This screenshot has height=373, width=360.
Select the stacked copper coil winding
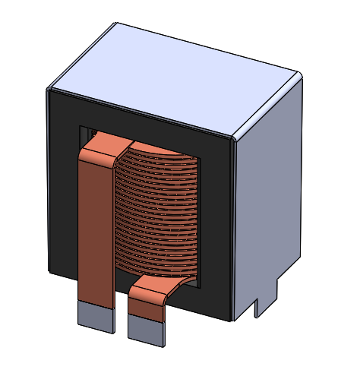(x=159, y=213)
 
